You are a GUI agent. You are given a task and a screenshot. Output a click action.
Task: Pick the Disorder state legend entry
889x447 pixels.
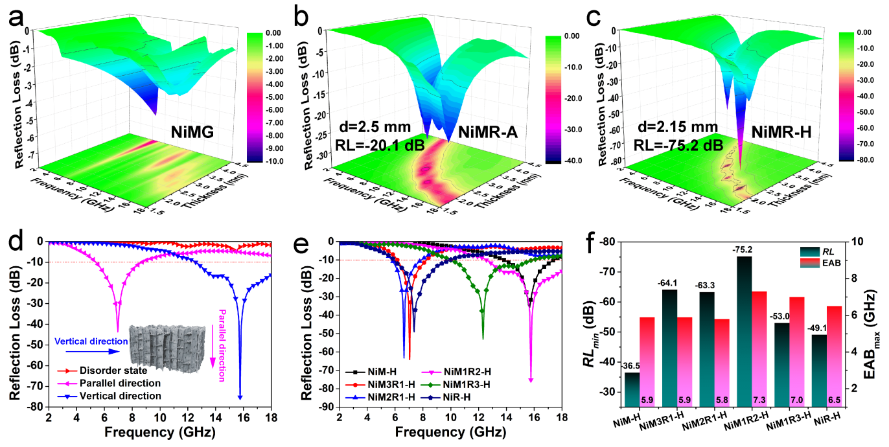click(x=112, y=371)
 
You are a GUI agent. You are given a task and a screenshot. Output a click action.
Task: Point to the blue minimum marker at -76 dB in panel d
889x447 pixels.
click(x=240, y=397)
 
